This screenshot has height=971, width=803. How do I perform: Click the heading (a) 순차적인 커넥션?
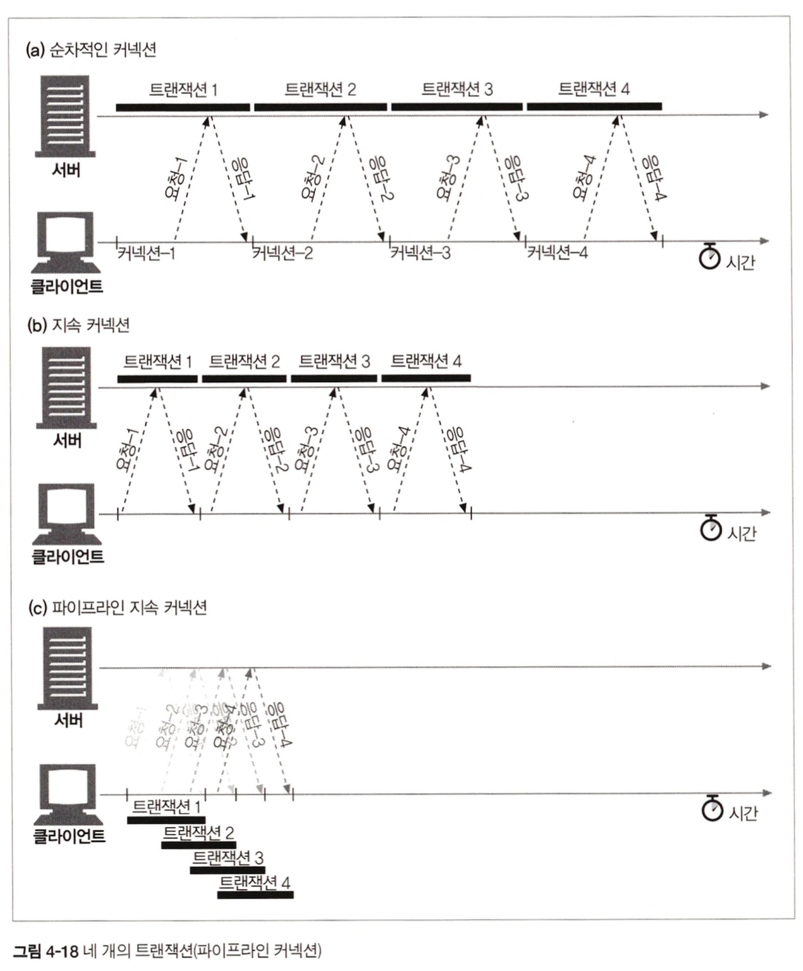pos(91,50)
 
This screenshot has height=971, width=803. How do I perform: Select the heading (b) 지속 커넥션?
pos(78,326)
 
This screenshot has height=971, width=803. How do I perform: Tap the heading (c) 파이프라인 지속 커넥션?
pos(117,608)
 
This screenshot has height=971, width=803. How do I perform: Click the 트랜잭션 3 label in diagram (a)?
pos(457,89)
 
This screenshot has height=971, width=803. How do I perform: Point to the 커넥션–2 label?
pos(282,254)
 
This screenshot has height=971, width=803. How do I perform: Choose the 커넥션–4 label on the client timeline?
pos(557,253)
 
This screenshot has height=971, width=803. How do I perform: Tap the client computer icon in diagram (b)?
pos(66,514)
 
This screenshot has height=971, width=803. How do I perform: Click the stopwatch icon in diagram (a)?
pos(709,256)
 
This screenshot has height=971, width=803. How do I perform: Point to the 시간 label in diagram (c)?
pos(743,813)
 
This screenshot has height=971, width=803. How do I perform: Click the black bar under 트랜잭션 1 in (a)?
pos(183,107)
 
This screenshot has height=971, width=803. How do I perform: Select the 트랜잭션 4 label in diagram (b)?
pos(426,361)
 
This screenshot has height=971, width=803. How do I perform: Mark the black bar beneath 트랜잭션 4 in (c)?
pos(255,894)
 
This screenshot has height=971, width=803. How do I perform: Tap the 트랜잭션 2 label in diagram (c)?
pos(199,833)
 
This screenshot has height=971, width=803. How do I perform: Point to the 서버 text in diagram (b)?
pos(67,441)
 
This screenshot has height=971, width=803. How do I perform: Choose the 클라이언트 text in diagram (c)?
pos(68,837)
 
